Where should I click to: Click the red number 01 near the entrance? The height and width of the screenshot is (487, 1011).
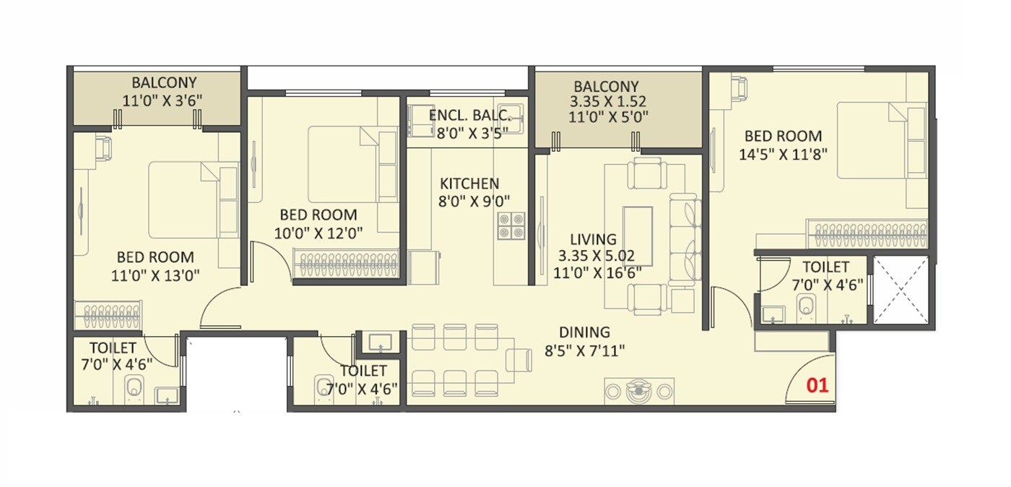coord(817,385)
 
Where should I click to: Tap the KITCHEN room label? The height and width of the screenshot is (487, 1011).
coord(469,184)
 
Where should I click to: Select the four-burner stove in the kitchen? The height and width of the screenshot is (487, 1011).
coord(509,225)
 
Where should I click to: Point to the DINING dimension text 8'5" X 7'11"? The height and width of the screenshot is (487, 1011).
coord(584,351)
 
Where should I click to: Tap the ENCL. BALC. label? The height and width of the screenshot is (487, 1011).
coord(469,116)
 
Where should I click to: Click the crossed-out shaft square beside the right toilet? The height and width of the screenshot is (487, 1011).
coord(900,290)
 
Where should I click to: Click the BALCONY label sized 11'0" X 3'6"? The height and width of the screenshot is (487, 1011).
coord(163,83)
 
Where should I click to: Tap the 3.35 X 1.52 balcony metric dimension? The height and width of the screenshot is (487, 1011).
coord(606,100)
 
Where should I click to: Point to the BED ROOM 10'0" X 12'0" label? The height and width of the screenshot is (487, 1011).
coord(318,215)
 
